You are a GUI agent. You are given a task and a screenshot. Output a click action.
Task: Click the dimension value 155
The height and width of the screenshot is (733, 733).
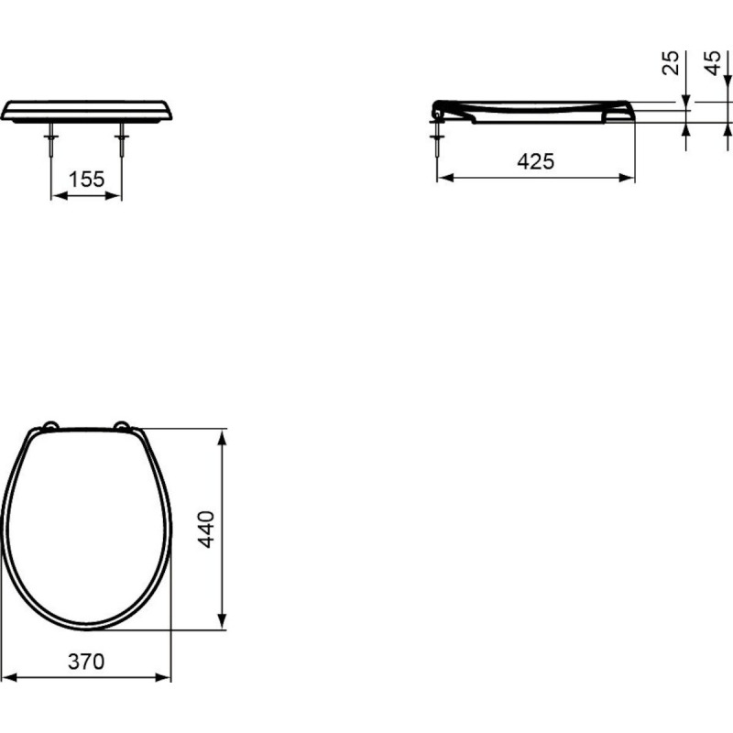pyautogui.click(x=86, y=179)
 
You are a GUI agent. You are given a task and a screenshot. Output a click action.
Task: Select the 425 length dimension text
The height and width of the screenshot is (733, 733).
pyautogui.click(x=536, y=161)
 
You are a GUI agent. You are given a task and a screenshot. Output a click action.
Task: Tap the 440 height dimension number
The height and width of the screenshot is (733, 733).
pyautogui.click(x=206, y=530)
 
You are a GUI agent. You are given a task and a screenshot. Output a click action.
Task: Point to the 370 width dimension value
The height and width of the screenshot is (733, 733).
pyautogui.click(x=86, y=662)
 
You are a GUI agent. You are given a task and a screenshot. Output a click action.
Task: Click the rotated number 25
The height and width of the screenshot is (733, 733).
pyautogui.click(x=671, y=62)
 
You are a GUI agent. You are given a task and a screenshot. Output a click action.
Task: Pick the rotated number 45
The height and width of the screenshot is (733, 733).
pyautogui.click(x=713, y=62)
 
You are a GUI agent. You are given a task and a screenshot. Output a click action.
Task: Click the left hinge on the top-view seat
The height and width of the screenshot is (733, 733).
pyautogui.click(x=50, y=425)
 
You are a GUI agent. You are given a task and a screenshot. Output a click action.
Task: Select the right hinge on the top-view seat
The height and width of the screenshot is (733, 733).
pyautogui.click(x=123, y=425)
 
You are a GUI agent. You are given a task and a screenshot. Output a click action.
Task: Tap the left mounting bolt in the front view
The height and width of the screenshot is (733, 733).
pyautogui.click(x=51, y=139)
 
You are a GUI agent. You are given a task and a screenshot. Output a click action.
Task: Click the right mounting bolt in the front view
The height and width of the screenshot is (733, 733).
pyautogui.click(x=122, y=139)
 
